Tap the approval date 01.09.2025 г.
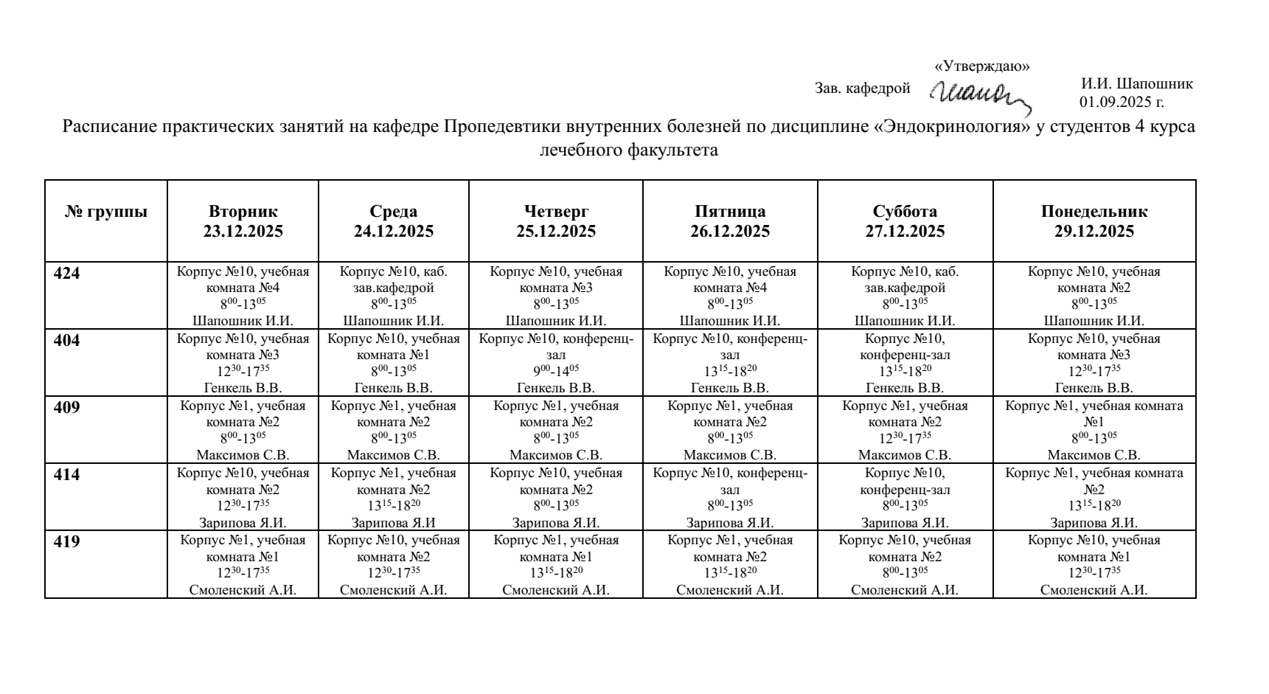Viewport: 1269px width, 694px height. [x=1122, y=102]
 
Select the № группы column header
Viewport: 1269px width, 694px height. [x=106, y=212]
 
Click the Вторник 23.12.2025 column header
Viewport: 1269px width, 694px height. [x=243, y=221]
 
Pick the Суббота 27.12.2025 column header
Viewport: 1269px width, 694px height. [x=905, y=221]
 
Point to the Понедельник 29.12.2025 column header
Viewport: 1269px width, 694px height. [x=1094, y=221]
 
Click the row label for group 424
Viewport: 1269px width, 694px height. [x=68, y=274]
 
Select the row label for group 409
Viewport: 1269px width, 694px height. [x=68, y=408]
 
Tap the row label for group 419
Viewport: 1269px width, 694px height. [x=68, y=542]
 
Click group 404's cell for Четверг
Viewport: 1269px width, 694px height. [x=556, y=363]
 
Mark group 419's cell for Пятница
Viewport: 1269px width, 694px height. [x=730, y=564]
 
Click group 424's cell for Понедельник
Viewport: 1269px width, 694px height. [x=1094, y=296]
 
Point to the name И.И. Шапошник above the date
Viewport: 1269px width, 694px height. [x=1136, y=84]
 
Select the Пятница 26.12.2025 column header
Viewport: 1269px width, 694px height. [x=730, y=221]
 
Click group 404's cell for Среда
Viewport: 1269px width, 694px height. [x=394, y=363]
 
